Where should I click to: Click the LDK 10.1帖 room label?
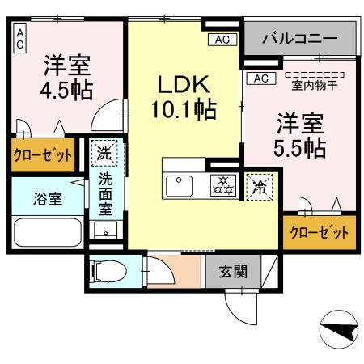[184, 95]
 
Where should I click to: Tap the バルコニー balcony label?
[300, 37]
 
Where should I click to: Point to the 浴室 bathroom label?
[47, 198]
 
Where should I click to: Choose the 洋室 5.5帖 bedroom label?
[300, 135]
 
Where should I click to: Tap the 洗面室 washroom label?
[106, 194]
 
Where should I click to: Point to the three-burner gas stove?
[222, 185]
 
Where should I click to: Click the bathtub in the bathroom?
[47, 233]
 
